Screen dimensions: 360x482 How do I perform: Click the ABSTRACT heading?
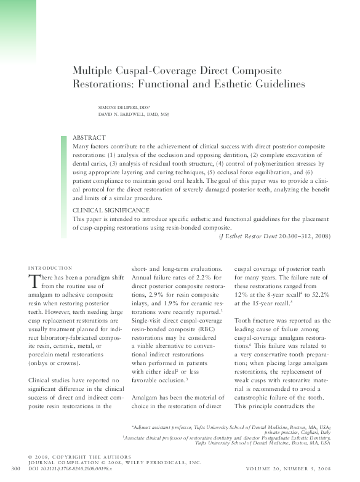coord(89,137)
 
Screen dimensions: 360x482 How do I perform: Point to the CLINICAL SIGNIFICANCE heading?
coord(110,210)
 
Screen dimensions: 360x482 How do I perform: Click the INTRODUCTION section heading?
coord(50,268)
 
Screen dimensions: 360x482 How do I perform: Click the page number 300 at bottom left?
coord(17,470)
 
